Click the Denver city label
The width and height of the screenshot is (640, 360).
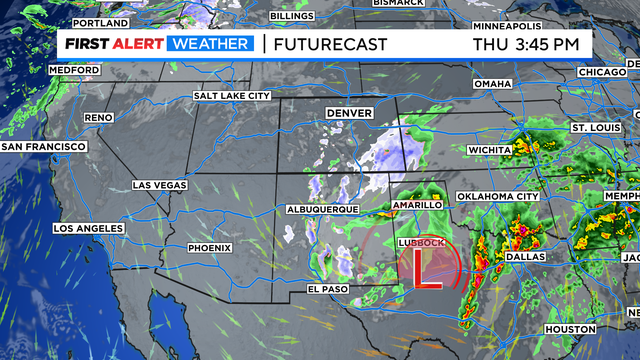pyautogui.click(x=348, y=113)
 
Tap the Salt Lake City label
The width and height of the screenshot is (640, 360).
pyautogui.click(x=232, y=95)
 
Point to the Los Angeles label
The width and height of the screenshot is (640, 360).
pyautogui.click(x=89, y=228)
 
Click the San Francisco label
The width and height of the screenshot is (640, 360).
pyautogui.click(x=44, y=146)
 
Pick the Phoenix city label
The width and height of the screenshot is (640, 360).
pyautogui.click(x=209, y=247)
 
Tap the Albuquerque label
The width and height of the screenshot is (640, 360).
pyautogui.click(x=322, y=208)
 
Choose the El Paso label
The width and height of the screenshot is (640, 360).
pyautogui.click(x=328, y=290)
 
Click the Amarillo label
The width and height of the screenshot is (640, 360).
pyautogui.click(x=417, y=204)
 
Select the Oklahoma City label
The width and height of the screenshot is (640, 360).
pyautogui.click(x=498, y=196)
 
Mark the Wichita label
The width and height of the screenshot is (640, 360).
pyautogui.click(x=489, y=150)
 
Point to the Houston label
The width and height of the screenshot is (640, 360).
pyautogui.click(x=570, y=329)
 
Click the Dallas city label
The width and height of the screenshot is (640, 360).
pyautogui.click(x=526, y=256)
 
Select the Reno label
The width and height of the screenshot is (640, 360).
pyautogui.click(x=98, y=117)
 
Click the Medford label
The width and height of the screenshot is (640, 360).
pyautogui.click(x=75, y=70)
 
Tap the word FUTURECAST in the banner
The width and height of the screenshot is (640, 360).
pyautogui.click(x=323, y=44)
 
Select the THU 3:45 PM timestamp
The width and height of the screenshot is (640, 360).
pyautogui.click(x=526, y=44)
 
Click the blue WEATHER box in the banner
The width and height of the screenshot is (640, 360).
pyautogui.click(x=210, y=44)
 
